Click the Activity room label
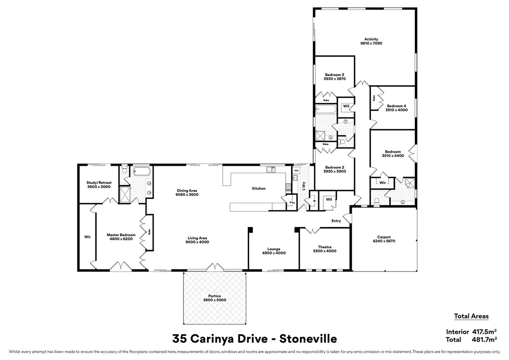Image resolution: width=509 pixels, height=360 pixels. [x=371, y=39]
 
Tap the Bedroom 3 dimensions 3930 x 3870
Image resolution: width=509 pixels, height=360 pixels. [x=334, y=79]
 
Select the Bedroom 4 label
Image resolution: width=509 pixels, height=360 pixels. [x=396, y=106]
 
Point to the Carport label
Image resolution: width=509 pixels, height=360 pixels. [x=384, y=237]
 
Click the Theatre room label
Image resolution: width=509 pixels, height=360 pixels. [x=324, y=247]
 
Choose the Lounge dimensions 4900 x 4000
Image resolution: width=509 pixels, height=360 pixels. [x=274, y=253]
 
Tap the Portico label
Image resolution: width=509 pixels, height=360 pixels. [x=215, y=296]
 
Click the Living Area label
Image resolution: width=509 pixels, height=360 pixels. [x=197, y=238]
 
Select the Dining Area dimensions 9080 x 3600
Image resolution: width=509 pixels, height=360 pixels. [x=187, y=195]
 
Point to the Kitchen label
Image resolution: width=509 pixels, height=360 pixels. [x=258, y=189]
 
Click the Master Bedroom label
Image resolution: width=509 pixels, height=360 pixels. [x=121, y=235]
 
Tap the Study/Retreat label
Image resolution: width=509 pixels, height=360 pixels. [x=99, y=183]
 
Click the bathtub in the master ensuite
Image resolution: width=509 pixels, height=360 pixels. [x=142, y=172]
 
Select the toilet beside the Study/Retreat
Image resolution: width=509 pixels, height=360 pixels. [x=124, y=170]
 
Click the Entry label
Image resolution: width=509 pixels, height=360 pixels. [x=336, y=221]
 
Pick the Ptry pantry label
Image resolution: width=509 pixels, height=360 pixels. [x=292, y=203]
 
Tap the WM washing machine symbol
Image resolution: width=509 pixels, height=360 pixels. [x=296, y=171]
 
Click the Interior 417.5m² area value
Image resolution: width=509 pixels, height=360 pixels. [x=484, y=332]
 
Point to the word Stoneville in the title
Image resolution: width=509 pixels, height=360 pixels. [x=308, y=339]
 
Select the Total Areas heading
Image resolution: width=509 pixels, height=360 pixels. [x=471, y=316]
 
